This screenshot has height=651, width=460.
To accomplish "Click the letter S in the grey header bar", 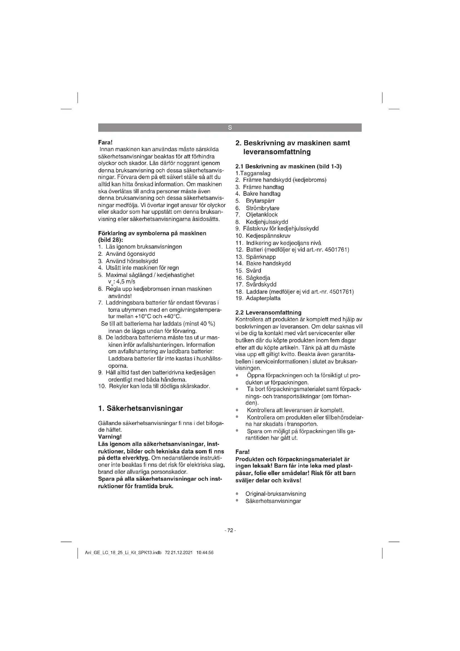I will click(x=230, y=128).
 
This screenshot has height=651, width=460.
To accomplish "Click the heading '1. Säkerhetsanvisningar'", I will click(x=140, y=409).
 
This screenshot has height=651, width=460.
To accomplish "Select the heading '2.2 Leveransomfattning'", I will click(x=268, y=313).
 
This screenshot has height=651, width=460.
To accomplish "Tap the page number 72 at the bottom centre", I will click(x=230, y=530).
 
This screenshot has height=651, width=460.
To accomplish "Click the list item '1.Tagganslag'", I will click(x=253, y=173).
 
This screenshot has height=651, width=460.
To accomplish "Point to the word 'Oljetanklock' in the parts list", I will click(x=261, y=215).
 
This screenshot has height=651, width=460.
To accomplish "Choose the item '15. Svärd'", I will click(x=248, y=271).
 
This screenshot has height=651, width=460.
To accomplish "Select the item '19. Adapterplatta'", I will click(x=258, y=298).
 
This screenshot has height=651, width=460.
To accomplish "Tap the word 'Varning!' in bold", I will click(x=110, y=437).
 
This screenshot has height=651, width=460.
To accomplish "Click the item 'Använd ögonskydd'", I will click(x=130, y=254).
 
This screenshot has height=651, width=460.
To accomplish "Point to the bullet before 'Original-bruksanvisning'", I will click(x=237, y=494).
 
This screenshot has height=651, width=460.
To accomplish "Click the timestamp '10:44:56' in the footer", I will click(x=204, y=553).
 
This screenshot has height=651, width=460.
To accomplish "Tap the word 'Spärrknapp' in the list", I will click(x=261, y=257).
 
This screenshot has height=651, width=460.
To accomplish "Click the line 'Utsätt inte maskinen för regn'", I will click(x=142, y=268).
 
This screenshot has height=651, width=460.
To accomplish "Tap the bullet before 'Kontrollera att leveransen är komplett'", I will click(x=237, y=410).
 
